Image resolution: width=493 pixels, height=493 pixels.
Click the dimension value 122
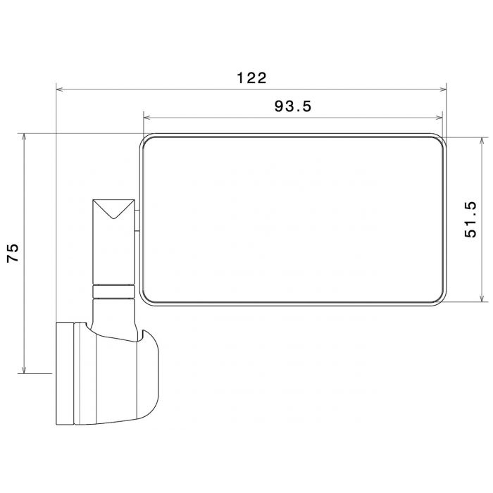click(251, 78)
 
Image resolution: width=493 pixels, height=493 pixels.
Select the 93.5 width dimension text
click(293, 106)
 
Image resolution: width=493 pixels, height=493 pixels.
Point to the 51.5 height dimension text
click(473, 220)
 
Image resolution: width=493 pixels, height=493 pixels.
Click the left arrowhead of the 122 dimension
click(60, 89)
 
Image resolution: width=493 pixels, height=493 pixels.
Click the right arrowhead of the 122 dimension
click(443, 89)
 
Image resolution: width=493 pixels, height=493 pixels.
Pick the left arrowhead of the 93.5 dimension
click(146, 118)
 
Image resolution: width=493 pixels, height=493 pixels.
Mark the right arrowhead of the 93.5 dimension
click(442, 118)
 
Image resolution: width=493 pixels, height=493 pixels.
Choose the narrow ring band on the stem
click(113, 292)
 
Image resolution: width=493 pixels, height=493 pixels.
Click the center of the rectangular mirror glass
click(293, 220)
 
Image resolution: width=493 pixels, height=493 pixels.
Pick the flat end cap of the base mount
click(64, 373)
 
